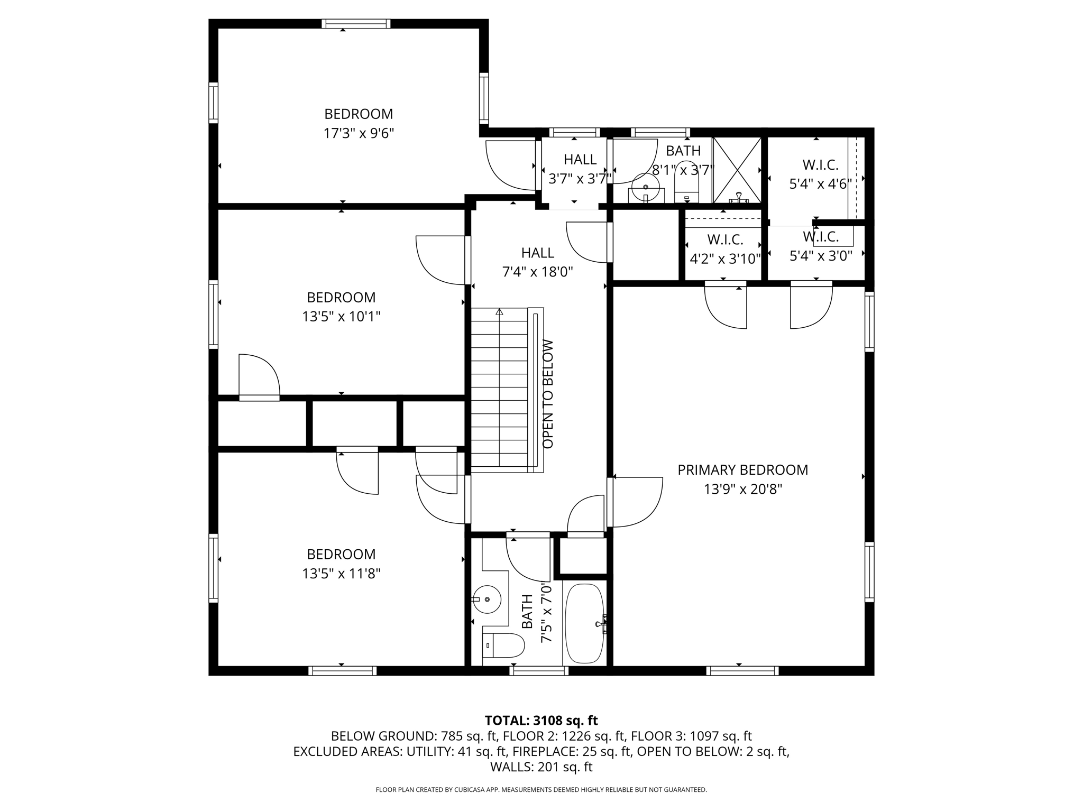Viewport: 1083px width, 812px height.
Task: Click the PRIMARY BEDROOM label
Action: point(742,470)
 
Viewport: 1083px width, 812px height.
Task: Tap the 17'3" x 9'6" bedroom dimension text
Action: point(359,133)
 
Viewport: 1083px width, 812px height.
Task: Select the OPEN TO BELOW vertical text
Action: point(548,394)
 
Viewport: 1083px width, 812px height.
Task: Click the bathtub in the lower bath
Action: point(585,623)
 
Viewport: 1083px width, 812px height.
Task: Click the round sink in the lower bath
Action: point(487,599)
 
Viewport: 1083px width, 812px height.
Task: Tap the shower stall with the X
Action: point(737,170)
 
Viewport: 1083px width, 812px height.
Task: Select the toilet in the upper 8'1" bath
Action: point(687,182)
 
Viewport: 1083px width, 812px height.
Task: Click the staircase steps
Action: point(499,390)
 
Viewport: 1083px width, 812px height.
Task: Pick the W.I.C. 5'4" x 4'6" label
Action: point(820,174)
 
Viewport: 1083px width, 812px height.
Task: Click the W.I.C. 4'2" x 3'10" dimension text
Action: point(725,259)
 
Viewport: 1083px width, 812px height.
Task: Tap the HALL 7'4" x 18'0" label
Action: point(537,262)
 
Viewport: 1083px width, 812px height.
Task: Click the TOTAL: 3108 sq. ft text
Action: point(541,721)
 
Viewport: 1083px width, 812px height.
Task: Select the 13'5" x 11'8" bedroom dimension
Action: point(341,574)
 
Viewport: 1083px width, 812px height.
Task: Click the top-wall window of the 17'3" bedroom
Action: point(356,23)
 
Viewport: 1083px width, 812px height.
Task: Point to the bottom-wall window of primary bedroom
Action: point(742,671)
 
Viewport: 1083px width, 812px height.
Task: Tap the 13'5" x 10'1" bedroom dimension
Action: point(341,317)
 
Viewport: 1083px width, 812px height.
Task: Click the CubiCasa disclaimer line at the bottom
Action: point(541,790)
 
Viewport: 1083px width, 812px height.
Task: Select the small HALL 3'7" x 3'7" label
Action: point(580,169)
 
